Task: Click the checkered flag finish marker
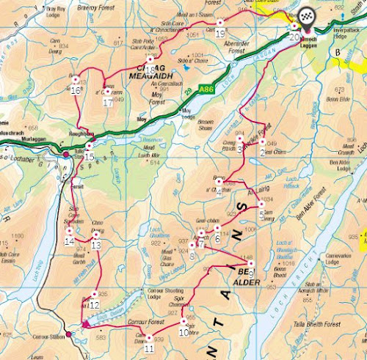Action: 305,15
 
